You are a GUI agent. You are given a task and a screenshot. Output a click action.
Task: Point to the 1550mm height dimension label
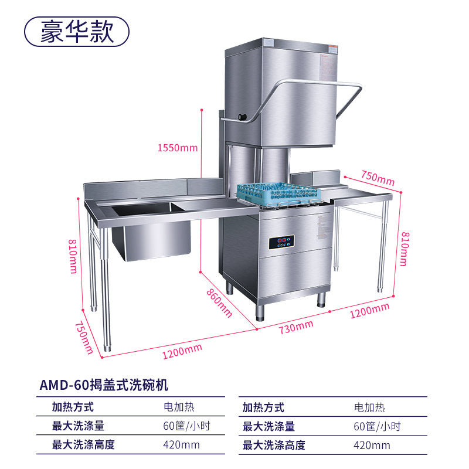tap(178, 148)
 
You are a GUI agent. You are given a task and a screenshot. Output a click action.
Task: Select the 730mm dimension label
tap(296, 327)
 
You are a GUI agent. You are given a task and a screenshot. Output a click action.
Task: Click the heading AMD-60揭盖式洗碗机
tap(104, 385)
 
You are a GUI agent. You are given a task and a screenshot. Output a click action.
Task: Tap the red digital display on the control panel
tap(282, 240)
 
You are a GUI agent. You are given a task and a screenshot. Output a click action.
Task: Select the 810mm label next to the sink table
tap(72, 256)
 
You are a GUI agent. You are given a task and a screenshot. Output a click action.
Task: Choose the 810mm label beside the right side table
tap(403, 249)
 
